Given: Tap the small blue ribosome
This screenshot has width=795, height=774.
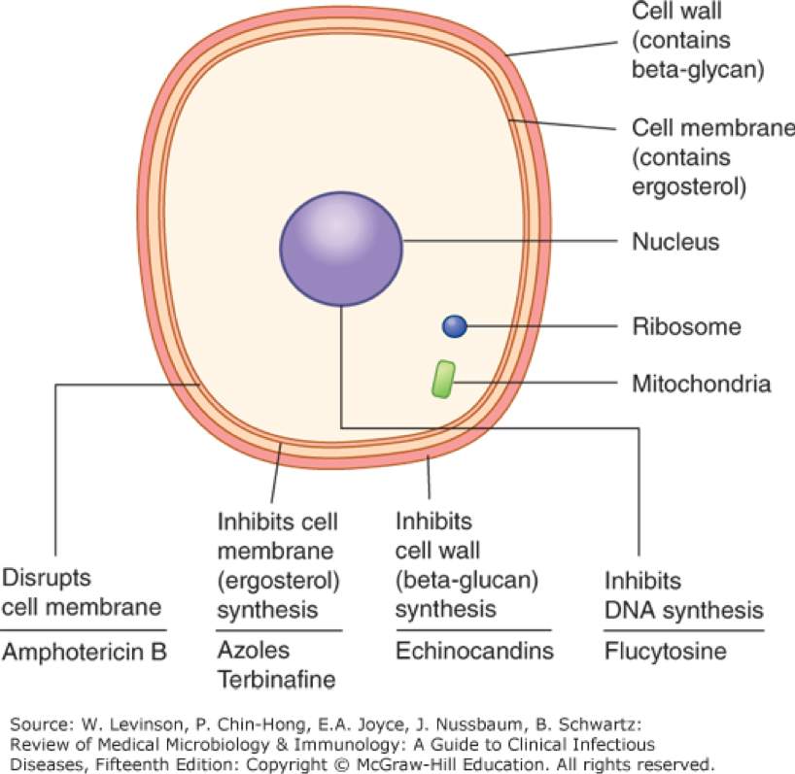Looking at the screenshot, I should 455,326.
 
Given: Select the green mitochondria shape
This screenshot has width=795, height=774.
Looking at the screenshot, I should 443,380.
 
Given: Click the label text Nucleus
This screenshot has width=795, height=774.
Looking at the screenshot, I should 675,242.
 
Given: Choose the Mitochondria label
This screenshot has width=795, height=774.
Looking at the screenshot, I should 701,384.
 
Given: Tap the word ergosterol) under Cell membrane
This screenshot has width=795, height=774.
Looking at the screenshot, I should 687,185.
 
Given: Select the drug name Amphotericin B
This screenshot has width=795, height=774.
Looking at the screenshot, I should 86,652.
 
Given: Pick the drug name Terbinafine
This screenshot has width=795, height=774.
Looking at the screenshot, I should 277,680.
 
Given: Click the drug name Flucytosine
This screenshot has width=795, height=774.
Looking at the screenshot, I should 665,651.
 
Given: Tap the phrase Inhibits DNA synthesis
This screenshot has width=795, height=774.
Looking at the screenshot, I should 683,596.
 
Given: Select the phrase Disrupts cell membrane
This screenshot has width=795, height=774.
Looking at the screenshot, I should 82,592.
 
